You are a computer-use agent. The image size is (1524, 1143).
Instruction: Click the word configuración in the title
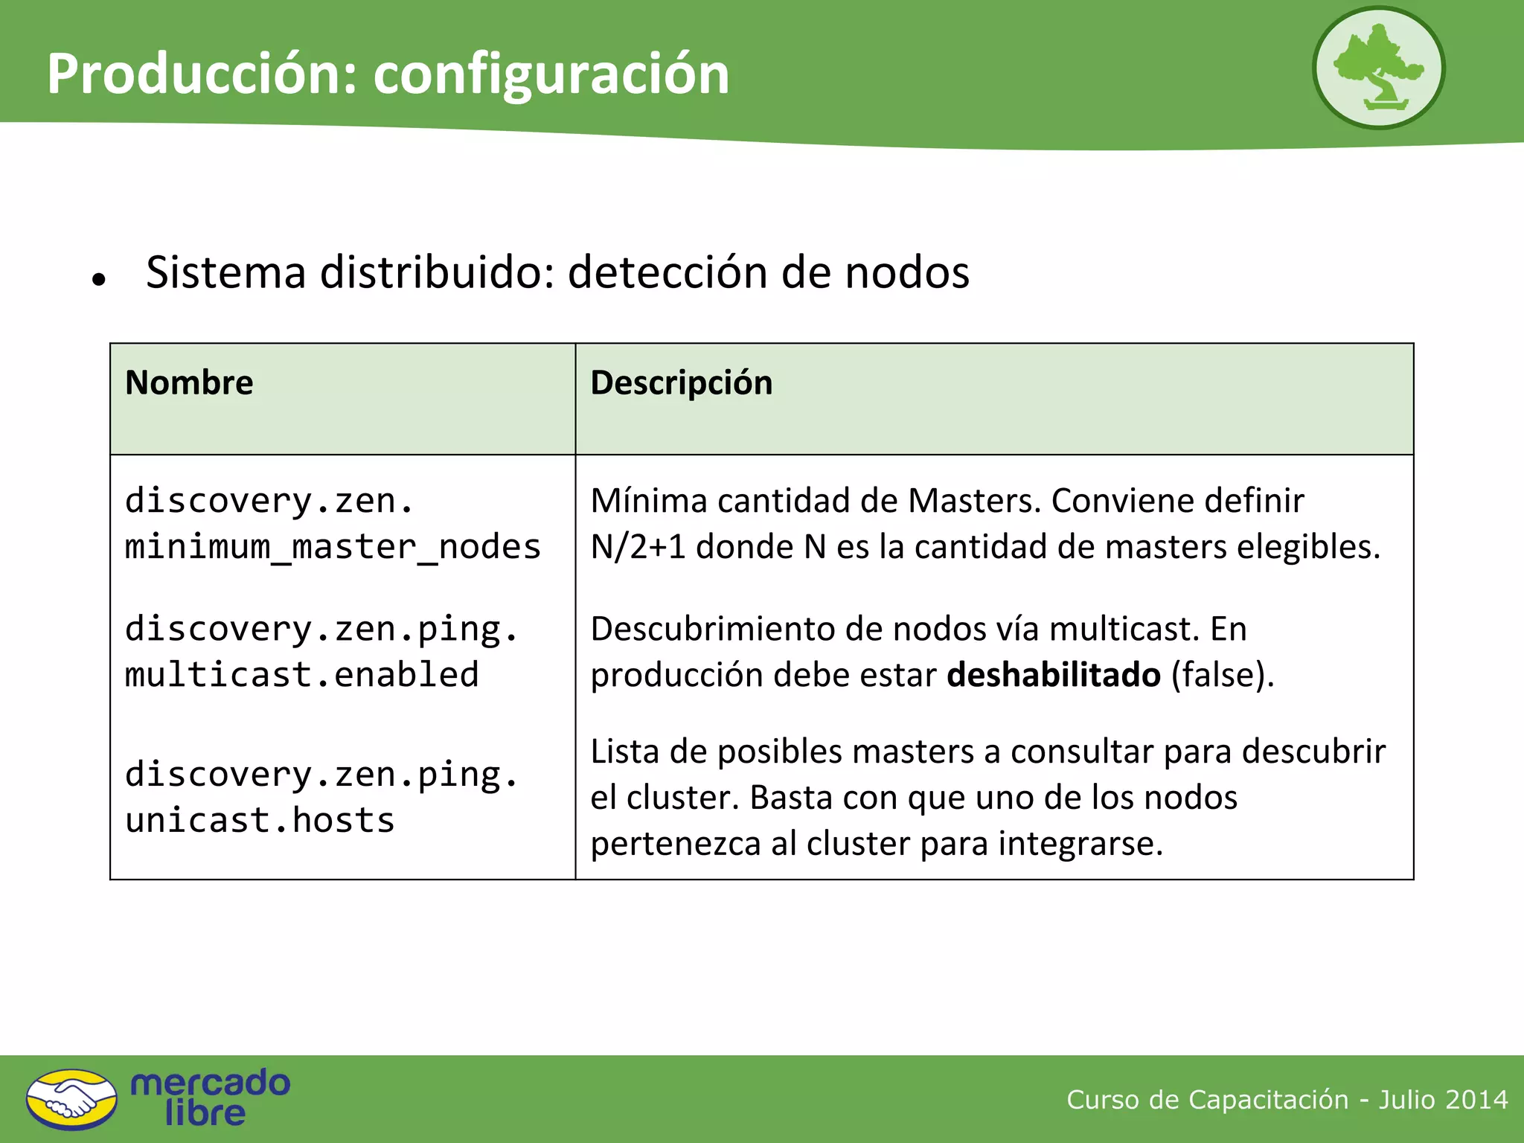(x=551, y=75)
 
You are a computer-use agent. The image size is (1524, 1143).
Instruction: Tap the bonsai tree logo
(x=1378, y=68)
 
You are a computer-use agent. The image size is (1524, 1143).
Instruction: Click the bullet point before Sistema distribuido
(x=99, y=280)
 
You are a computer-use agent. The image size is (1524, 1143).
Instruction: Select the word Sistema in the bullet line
(x=226, y=272)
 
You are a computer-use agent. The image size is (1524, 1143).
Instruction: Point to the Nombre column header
(x=189, y=382)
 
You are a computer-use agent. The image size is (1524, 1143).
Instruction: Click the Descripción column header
(x=681, y=382)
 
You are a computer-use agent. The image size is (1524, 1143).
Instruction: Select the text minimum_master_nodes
(x=333, y=547)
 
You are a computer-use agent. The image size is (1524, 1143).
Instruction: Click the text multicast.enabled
(x=301, y=675)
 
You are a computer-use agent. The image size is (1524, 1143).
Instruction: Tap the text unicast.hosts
(x=260, y=821)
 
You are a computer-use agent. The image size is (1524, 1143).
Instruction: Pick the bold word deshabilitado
(x=1053, y=675)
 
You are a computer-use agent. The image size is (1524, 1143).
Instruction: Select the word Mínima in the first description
(x=648, y=501)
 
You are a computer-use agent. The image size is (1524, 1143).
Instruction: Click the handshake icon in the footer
(x=71, y=1099)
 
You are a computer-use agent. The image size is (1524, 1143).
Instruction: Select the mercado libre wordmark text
(x=210, y=1098)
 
